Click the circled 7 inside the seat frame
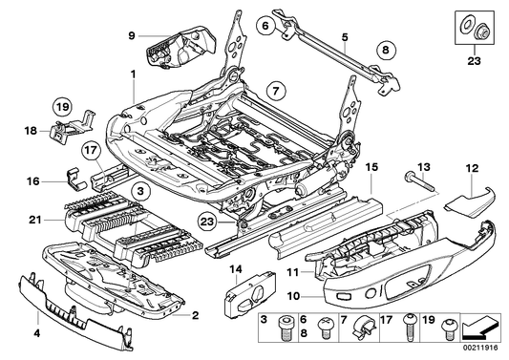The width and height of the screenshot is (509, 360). pyautogui.click(x=274, y=94)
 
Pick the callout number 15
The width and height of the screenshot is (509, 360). pyautogui.click(x=369, y=165)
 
